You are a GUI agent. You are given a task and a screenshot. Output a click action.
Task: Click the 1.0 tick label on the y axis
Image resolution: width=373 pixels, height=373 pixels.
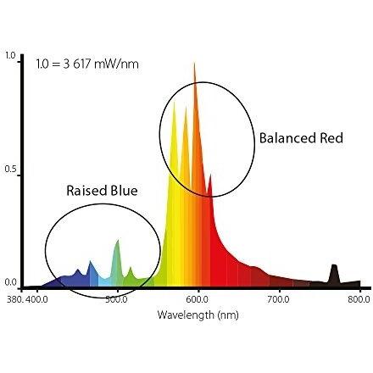tap(10, 56)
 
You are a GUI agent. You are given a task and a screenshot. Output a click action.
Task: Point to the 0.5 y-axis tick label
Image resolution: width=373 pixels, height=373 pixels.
tap(10, 169)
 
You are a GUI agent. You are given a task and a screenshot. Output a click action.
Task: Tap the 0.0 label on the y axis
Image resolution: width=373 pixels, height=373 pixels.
tap(10, 282)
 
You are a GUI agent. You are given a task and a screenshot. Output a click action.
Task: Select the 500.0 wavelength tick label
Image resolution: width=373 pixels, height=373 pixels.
tap(117, 299)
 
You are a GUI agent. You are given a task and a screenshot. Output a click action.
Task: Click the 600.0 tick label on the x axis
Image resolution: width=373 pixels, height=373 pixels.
tap(198, 299)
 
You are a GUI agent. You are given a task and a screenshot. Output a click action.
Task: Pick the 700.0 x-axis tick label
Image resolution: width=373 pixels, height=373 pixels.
tap(279, 299)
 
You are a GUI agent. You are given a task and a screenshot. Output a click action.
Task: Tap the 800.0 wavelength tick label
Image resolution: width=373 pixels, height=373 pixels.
tap(359, 299)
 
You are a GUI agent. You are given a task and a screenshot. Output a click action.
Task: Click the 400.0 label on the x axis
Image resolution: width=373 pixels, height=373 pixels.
tap(36, 299)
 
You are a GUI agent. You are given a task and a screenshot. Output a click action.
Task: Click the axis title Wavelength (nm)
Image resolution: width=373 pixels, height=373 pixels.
tap(198, 315)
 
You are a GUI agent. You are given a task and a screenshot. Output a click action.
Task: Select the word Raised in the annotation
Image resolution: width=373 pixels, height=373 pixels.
tap(86, 191)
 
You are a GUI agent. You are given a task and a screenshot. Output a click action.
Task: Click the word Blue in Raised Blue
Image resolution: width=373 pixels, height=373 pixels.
tap(124, 191)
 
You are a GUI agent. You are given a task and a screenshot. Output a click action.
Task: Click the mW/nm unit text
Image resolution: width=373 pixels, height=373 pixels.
tap(116, 64)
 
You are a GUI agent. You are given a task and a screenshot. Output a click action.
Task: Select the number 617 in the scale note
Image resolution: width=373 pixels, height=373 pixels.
tap(81, 64)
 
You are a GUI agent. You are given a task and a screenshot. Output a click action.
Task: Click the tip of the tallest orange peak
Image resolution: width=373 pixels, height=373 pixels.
tap(194, 63)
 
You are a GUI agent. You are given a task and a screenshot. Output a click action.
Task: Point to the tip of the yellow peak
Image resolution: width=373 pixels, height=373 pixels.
tap(174, 102)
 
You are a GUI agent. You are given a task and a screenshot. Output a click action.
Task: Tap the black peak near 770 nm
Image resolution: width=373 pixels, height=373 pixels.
tap(334, 265)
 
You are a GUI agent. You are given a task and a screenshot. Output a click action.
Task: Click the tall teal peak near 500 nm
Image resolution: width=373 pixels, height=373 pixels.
tap(118, 240)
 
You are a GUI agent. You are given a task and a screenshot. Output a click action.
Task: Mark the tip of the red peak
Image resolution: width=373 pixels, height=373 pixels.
tap(210, 175)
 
